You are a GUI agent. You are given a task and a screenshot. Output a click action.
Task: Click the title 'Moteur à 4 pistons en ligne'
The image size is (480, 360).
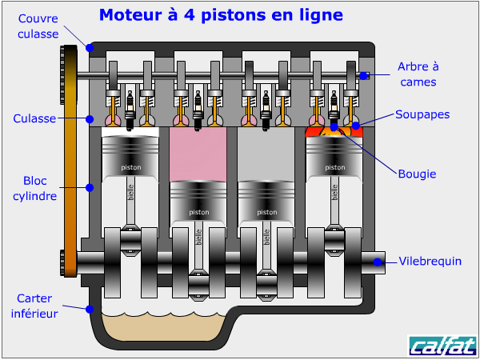221,15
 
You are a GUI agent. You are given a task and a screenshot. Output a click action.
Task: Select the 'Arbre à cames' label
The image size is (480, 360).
418,74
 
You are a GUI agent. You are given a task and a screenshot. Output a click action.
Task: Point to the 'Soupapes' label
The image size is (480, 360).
422,114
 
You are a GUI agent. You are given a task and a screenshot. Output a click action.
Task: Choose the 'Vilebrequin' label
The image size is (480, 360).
430,261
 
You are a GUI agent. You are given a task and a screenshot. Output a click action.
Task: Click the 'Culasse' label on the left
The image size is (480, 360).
34,118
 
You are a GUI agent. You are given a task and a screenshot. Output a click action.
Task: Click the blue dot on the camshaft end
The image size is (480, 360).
363,76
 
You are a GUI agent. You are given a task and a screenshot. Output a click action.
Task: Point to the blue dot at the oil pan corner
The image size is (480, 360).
90,309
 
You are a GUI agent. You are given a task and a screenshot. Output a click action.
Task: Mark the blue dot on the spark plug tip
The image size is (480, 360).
334,126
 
